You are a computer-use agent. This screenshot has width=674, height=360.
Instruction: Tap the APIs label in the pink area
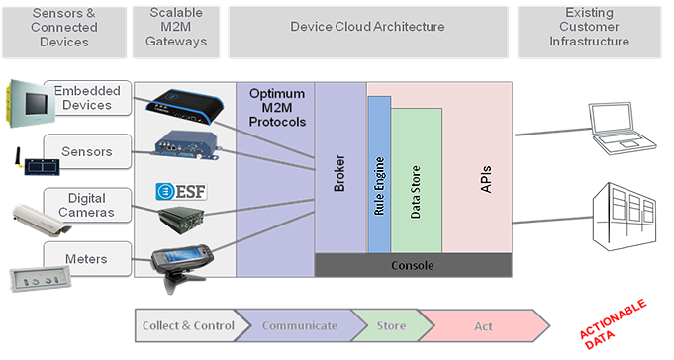tap(485, 178)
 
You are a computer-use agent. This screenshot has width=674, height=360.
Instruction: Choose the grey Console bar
tap(413, 265)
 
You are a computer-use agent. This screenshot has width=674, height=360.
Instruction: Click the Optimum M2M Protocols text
tap(276, 106)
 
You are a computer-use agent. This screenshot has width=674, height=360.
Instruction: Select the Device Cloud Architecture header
tap(367, 28)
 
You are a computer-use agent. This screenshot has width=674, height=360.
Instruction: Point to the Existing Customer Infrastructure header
tap(588, 28)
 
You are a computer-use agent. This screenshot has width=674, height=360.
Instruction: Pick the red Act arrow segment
tap(480, 325)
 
